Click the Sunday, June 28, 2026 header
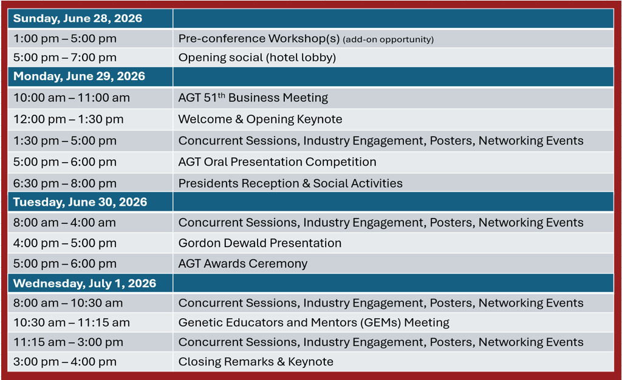tap(78, 19)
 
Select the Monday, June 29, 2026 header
tap(80, 76)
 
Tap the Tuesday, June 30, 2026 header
tap(80, 202)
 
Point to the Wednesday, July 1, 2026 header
tap(84, 283)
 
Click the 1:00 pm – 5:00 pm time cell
tap(65, 38)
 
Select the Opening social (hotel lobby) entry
tap(257, 58)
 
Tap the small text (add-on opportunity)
tap(388, 39)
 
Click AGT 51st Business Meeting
tap(253, 98)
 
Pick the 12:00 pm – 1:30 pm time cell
tap(68, 119)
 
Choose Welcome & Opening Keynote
tap(260, 119)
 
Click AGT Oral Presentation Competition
tap(277, 161)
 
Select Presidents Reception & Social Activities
tap(290, 183)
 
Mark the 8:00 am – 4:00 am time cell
tap(64, 223)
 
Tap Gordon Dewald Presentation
tap(260, 243)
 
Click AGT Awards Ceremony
tap(243, 263)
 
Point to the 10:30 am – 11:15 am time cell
tap(72, 322)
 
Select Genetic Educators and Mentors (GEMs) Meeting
tap(314, 322)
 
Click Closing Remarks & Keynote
tap(256, 362)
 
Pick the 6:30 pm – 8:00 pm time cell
tap(65, 183)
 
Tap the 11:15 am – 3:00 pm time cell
tap(68, 342)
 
